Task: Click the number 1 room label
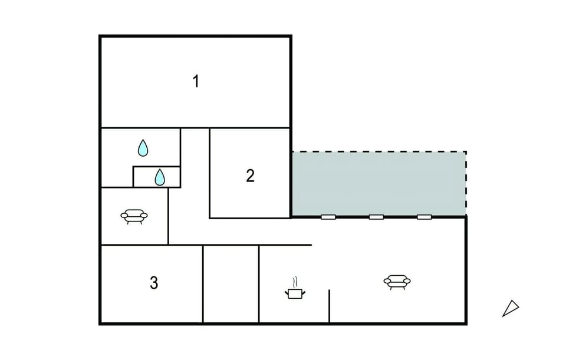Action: pyautogui.click(x=196, y=81)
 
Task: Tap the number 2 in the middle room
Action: pyautogui.click(x=250, y=176)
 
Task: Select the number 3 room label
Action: pyautogui.click(x=154, y=283)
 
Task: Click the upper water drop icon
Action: pyautogui.click(x=143, y=148)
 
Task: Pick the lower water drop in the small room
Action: pyautogui.click(x=160, y=177)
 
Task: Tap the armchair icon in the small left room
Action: pyautogui.click(x=134, y=216)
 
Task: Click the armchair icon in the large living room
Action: pyautogui.click(x=397, y=282)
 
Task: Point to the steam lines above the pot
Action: pyautogui.click(x=295, y=282)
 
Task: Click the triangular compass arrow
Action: pyautogui.click(x=511, y=308)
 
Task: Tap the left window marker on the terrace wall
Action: pyautogui.click(x=328, y=217)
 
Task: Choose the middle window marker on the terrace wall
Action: pyautogui.click(x=376, y=217)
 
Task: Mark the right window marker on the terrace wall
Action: pyautogui.click(x=424, y=217)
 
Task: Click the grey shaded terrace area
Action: pyautogui.click(x=379, y=184)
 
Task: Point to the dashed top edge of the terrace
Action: pyautogui.click(x=379, y=152)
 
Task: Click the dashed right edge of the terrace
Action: pyautogui.click(x=466, y=184)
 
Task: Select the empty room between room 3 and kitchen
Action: pyautogui.click(x=231, y=284)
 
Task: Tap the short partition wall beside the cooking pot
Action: pyautogui.click(x=329, y=306)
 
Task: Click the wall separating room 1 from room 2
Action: pyautogui.click(x=250, y=128)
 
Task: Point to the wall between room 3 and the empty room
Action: pyautogui.click(x=203, y=284)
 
